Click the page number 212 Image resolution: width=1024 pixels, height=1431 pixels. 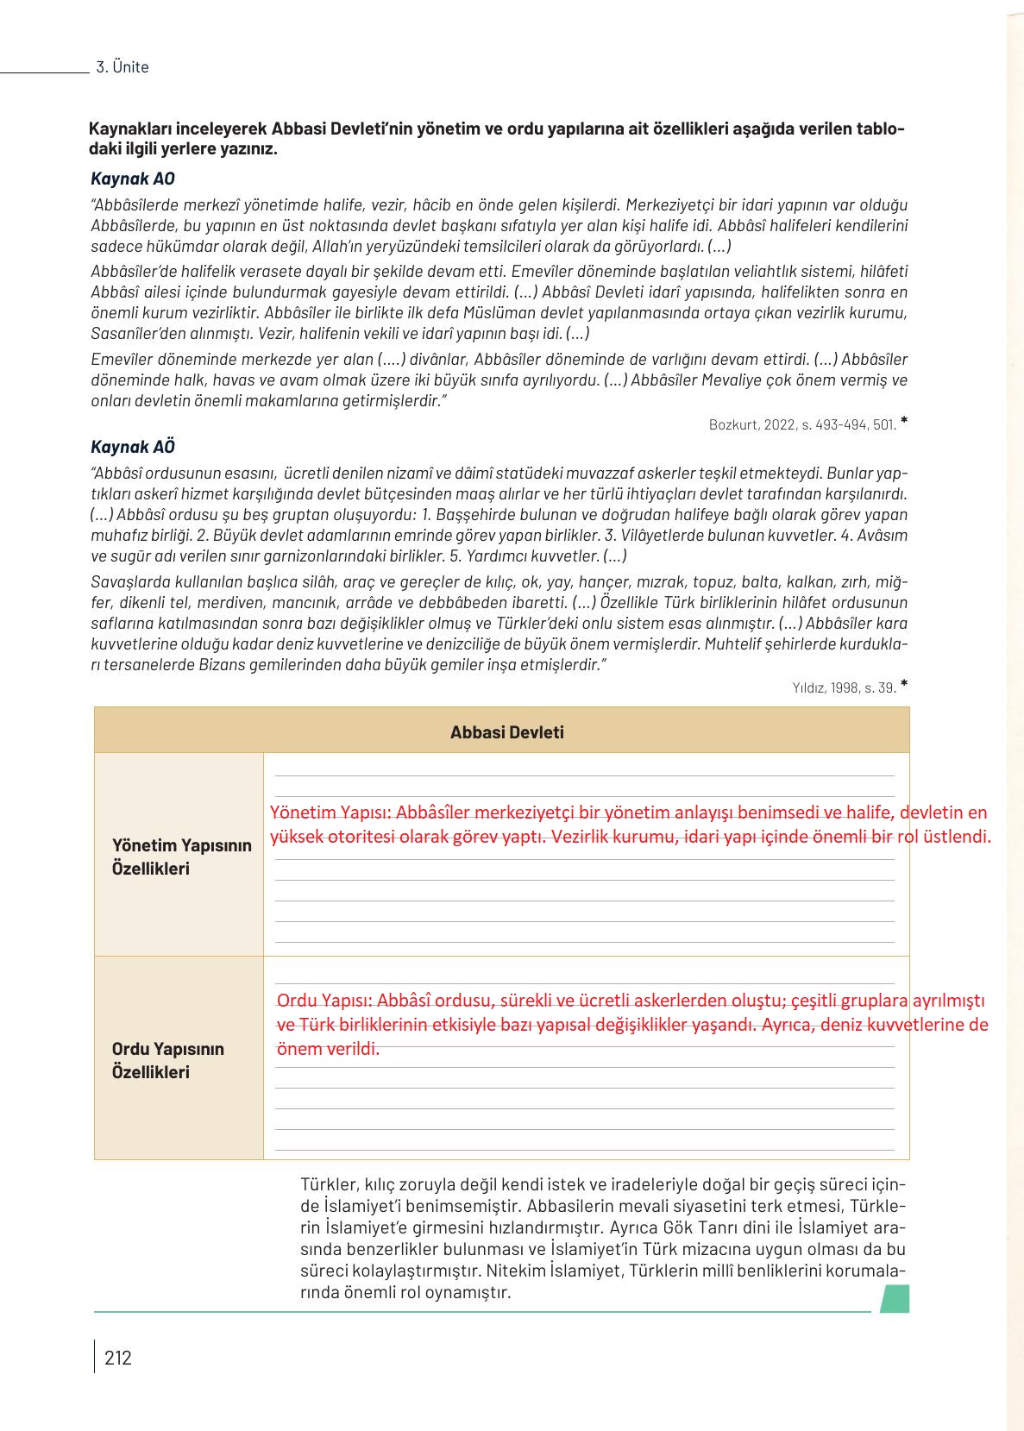tap(118, 1358)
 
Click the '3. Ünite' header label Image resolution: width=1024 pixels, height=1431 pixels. tap(123, 67)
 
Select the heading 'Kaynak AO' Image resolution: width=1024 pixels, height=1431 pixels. tap(132, 179)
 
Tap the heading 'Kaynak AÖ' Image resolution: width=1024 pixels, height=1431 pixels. tap(132, 447)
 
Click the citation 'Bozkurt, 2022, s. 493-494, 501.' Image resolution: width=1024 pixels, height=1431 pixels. tap(802, 424)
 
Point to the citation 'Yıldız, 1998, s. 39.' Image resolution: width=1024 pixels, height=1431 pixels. tap(844, 687)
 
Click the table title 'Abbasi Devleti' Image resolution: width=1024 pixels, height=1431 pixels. tap(506, 732)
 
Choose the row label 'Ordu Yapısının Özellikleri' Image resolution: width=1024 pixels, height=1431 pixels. tap(168, 1060)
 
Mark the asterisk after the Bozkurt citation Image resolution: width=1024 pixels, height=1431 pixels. tap(903, 422)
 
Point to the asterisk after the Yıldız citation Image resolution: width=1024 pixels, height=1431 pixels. tap(903, 685)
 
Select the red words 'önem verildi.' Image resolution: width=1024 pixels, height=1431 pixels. tap(328, 1049)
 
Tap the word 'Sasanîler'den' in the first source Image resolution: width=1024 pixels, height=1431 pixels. tap(135, 333)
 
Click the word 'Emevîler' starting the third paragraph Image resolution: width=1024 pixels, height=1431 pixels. tap(120, 360)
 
